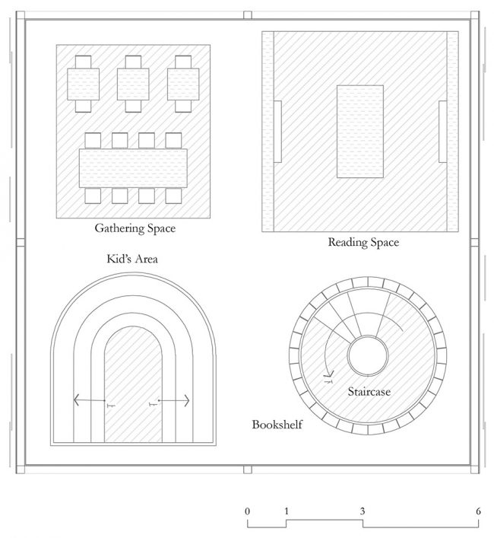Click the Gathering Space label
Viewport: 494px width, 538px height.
click(x=135, y=228)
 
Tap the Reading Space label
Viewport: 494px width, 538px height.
click(x=363, y=242)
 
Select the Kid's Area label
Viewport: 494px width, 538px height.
click(x=132, y=259)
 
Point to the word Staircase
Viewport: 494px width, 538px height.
click(x=369, y=391)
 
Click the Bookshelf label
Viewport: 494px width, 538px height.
click(x=277, y=425)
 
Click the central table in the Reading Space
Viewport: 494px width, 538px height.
click(x=360, y=132)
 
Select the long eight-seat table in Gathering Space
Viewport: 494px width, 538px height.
click(x=133, y=168)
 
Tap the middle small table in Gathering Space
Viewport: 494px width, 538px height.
click(x=133, y=84)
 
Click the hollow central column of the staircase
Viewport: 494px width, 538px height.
click(x=368, y=356)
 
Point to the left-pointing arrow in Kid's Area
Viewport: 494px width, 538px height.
click(x=90, y=400)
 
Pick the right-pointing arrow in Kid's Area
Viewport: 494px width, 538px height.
click(x=174, y=400)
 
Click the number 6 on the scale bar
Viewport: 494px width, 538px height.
click(x=478, y=511)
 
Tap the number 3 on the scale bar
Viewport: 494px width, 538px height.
click(x=363, y=511)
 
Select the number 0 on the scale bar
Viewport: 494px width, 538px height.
click(x=247, y=511)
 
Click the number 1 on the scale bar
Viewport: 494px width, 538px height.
click(x=287, y=511)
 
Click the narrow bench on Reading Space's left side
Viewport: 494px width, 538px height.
click(x=277, y=132)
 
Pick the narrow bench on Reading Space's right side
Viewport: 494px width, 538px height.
click(x=442, y=132)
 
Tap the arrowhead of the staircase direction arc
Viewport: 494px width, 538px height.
click(x=330, y=374)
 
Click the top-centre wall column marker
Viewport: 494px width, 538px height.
click(x=248, y=15)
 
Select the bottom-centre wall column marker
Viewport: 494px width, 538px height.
click(x=248, y=470)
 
